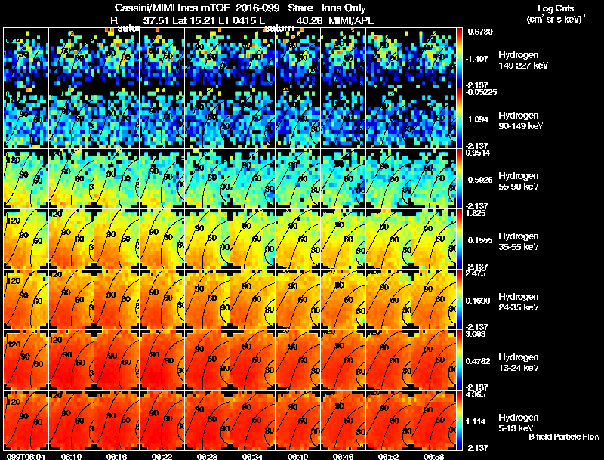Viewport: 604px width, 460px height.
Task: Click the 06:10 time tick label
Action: tap(72, 456)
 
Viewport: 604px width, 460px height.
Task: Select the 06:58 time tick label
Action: tap(434, 456)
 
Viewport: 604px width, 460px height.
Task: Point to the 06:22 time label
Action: tap(162, 456)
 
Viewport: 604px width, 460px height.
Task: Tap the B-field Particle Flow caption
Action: tap(564, 437)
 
